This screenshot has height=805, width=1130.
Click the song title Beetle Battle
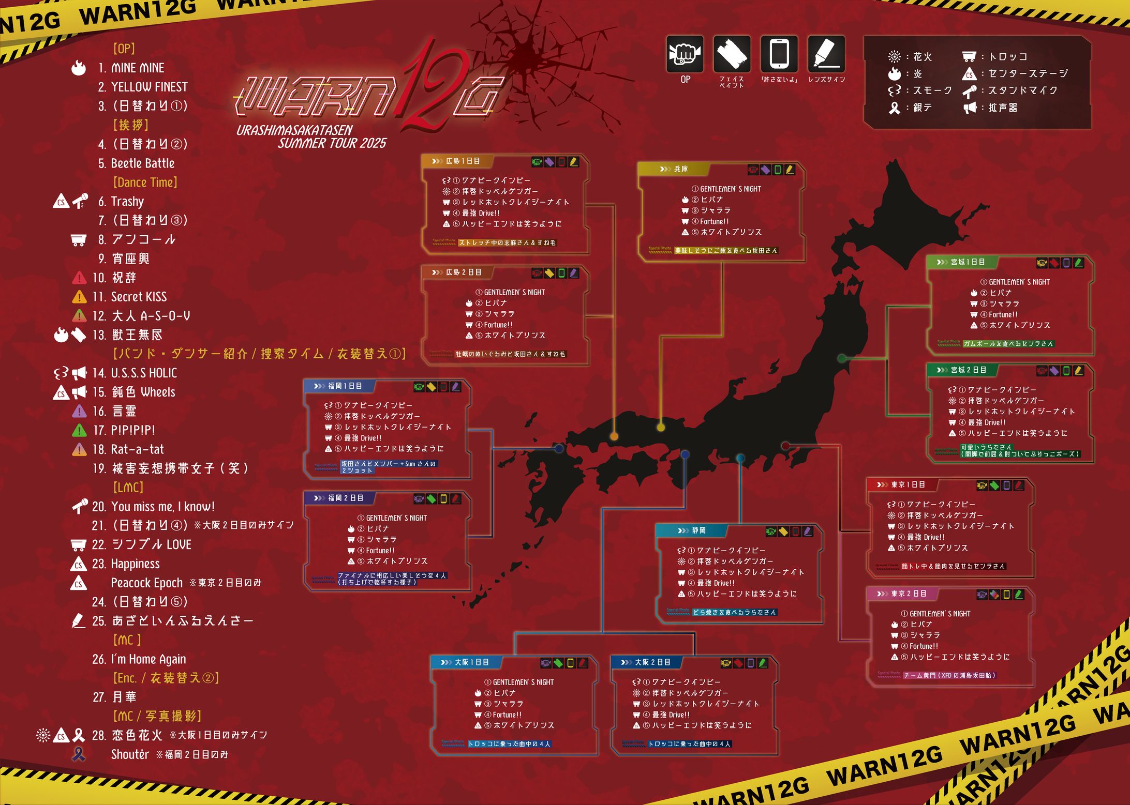click(142, 163)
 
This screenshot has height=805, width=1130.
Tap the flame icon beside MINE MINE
click(79, 68)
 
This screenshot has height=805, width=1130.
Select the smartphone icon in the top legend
click(779, 54)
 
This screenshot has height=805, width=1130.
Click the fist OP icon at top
click(685, 54)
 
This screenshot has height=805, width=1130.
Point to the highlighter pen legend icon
click(826, 54)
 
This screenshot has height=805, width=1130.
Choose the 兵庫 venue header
click(680, 169)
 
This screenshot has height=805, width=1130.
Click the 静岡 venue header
click(698, 530)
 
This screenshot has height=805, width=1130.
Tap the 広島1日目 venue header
click(463, 161)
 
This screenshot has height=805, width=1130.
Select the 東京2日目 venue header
click(909, 594)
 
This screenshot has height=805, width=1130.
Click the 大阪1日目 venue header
click(471, 662)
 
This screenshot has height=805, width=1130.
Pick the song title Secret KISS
click(139, 297)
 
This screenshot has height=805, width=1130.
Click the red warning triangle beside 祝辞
click(79, 278)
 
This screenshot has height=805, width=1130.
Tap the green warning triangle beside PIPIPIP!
click(79, 430)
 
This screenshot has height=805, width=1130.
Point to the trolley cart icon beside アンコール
click(78, 239)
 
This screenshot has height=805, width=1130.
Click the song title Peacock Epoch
click(146, 583)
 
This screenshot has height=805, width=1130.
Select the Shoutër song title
click(130, 755)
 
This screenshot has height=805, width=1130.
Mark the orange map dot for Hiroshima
click(614, 436)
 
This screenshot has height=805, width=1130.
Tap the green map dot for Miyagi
click(842, 358)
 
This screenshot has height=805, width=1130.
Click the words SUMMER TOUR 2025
click(332, 144)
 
